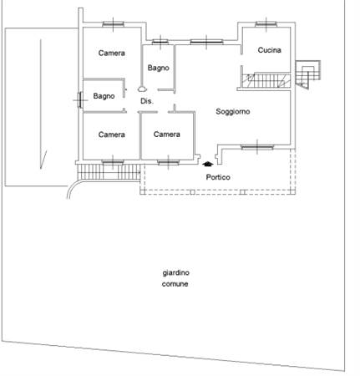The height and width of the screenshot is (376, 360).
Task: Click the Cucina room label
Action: pos(269,50)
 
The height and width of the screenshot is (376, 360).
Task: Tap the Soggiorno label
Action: pos(233,112)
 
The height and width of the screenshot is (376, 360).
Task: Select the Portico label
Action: pos(218,177)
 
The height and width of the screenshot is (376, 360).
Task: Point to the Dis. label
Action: pos(147,101)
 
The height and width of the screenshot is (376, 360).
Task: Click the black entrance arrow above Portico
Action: pos(207,164)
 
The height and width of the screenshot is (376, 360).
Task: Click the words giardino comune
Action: pos(175,278)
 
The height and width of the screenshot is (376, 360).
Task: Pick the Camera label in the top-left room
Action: pos(111,53)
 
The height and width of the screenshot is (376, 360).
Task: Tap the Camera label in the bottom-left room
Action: pos(111,135)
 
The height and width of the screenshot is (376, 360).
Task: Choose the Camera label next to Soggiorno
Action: pos(166,135)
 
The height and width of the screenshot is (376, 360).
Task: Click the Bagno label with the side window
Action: pos(104,96)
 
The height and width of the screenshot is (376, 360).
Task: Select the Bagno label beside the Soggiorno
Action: pos(159,68)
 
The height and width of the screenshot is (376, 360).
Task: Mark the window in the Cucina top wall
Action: pos(266,24)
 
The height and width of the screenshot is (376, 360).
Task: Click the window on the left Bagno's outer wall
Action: pos(79,99)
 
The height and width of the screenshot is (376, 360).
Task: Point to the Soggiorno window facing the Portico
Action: pos(257,147)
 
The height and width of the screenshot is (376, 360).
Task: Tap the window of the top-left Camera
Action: pos(113,24)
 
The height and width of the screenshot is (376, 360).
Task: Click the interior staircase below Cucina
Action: pos(266,80)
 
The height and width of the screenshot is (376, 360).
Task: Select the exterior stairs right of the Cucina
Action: pos(307,74)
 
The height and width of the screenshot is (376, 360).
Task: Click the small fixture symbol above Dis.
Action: pos(142,89)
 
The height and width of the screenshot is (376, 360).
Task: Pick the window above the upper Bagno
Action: pos(160,43)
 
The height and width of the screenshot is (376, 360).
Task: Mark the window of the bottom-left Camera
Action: pos(113,162)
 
